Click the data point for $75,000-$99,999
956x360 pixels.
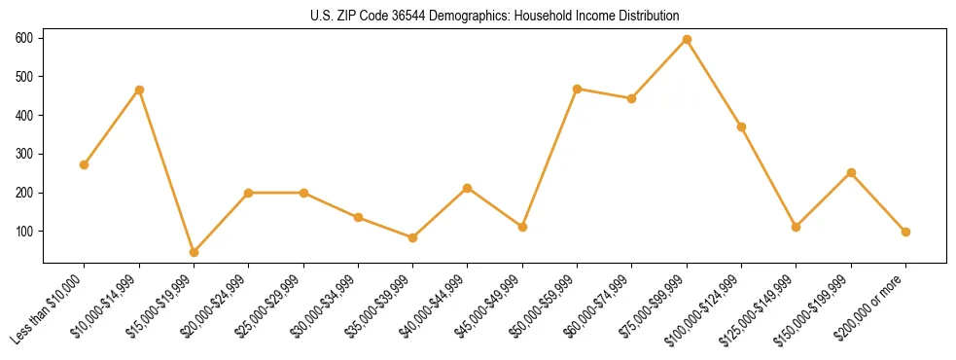[x=687, y=40]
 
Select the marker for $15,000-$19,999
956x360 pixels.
[x=194, y=252]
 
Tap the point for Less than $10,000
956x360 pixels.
[x=85, y=164]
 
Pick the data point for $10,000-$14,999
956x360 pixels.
[x=139, y=90]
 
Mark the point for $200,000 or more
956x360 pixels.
[x=905, y=232]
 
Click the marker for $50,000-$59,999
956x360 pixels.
[x=578, y=89]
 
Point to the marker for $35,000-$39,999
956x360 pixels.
[x=412, y=237]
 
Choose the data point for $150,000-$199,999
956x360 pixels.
[x=851, y=172]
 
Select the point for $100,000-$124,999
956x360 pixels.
[x=741, y=126]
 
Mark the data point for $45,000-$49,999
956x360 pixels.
[x=522, y=227]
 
